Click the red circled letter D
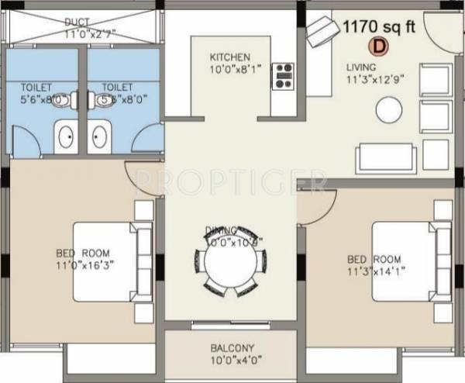point(380,46)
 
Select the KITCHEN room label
point(229,57)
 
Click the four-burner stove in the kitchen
point(284,76)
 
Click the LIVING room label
point(360,66)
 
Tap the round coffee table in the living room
point(387,111)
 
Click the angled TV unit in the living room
point(319,33)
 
